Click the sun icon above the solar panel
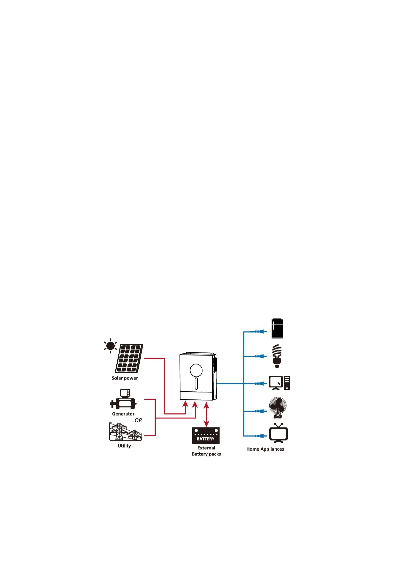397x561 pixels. pos(110,346)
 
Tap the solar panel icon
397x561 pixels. pos(129,358)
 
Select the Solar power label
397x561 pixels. pos(125,378)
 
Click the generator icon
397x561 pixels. pos(123,400)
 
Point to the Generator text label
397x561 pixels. pos(123,414)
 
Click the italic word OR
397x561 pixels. pos(138,420)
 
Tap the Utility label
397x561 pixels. pos(124,446)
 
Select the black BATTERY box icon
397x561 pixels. pos(206,435)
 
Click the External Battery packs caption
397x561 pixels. pos(206,451)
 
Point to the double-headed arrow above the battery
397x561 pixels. pos(206,414)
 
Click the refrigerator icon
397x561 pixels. pos(277,328)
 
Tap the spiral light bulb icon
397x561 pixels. pos(277,356)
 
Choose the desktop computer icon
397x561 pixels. pos(279,383)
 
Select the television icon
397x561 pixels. pos(278,433)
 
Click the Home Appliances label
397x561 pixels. pos(265,449)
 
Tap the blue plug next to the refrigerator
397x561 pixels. pos(260,331)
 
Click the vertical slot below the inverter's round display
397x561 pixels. pos(196,383)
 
